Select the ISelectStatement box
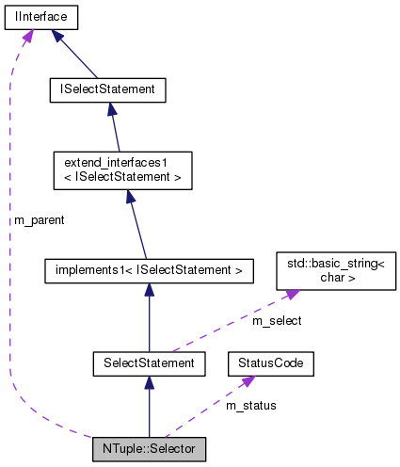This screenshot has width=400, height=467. coord(107,90)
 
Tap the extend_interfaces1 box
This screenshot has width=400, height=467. coord(122,169)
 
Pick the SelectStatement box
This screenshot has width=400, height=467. coord(149,362)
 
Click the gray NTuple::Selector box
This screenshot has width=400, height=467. coord(149,448)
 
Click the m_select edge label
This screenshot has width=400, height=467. coord(278,323)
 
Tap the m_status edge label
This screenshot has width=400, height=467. coord(251,405)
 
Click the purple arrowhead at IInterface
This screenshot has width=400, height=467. coord(27,35)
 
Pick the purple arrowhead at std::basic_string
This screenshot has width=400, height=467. coord(292,295)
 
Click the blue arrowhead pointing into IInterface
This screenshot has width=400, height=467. coord(59,35)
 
